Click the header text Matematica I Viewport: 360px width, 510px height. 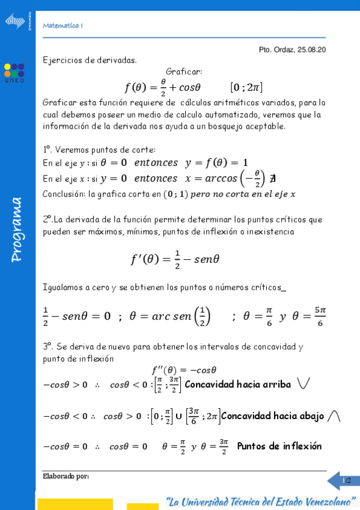pyautogui.click(x=63, y=26)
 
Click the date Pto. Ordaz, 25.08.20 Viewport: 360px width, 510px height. pyautogui.click(x=292, y=50)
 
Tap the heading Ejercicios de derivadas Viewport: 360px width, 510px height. pyautogui.click(x=90, y=60)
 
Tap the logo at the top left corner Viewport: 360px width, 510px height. pyautogui.click(x=16, y=22)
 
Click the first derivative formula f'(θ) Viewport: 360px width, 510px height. pyautogui.click(x=175, y=259)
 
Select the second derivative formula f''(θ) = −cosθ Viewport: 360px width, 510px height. pyautogui.click(x=183, y=370)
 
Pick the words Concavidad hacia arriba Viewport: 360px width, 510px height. pyautogui.click(x=238, y=384)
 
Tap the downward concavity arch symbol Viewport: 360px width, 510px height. pyautogui.click(x=335, y=416)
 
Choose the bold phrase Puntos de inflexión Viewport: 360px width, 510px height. pyautogui.click(x=279, y=446)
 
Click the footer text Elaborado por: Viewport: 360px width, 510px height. pyautogui.click(x=66, y=476)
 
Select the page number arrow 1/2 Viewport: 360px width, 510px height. pyautogui.click(x=343, y=481)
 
